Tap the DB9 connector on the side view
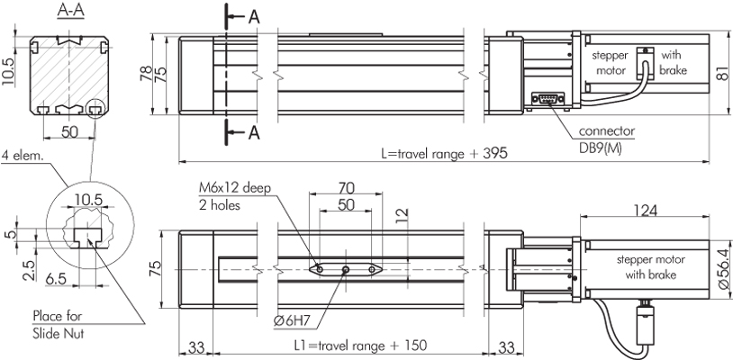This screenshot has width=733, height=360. pyautogui.click(x=547, y=98)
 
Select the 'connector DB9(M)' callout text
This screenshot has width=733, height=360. pyautogui.click(x=606, y=139)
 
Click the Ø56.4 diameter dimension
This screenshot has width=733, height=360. pyautogui.click(x=722, y=268)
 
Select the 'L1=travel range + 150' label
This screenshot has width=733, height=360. pyautogui.click(x=360, y=346)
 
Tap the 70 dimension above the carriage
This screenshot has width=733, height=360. pyautogui.click(x=346, y=188)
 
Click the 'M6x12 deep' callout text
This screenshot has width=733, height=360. pyautogui.click(x=235, y=188)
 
